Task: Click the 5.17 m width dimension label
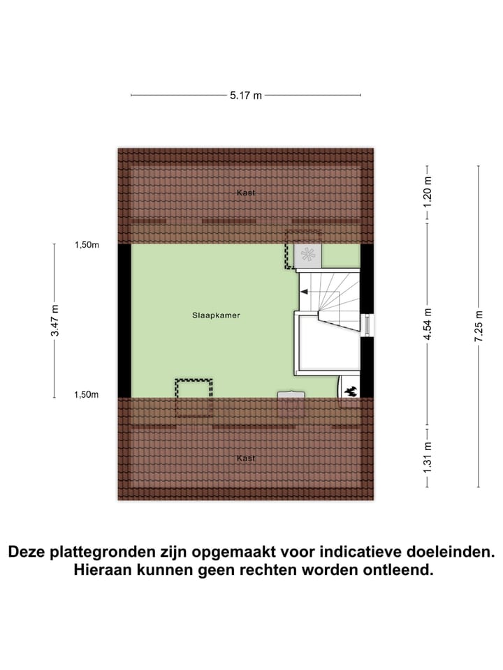(246, 96)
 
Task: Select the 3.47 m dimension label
(54, 320)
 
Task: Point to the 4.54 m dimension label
(428, 325)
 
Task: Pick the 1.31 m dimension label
(428, 456)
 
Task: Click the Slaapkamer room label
(217, 315)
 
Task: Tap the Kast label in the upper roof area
(245, 192)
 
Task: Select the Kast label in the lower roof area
(245, 459)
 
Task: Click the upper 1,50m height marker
(87, 245)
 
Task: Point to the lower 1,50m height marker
(87, 395)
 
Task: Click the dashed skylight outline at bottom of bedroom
(194, 396)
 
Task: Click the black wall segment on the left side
(124, 320)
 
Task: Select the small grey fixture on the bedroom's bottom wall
(291, 395)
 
